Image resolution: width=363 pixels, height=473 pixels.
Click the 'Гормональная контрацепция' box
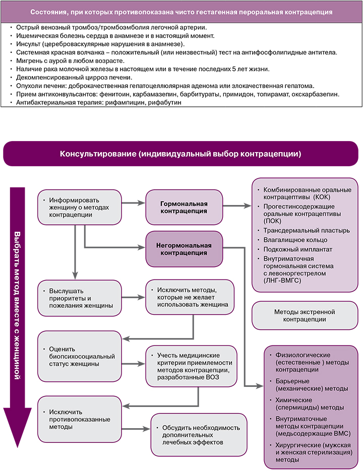tap(184, 207)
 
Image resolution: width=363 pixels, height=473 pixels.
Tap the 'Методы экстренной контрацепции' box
tap(304, 315)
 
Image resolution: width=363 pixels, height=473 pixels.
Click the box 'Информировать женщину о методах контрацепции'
tap(79, 207)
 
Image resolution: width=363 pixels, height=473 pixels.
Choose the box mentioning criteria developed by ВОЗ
tap(191, 365)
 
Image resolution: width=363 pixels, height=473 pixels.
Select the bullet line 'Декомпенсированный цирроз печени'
tap(74, 77)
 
